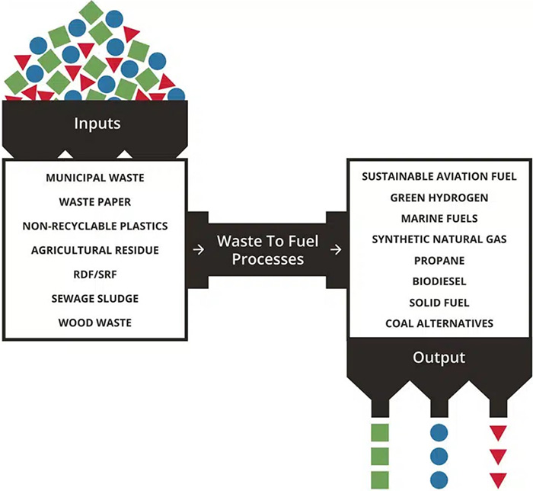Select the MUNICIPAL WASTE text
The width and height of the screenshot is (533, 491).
point(94,178)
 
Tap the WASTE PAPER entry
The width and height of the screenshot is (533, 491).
point(94,203)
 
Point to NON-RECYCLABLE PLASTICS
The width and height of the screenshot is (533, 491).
point(94,226)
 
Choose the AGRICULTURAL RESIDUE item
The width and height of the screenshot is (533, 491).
point(94,250)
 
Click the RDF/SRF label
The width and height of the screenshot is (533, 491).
point(94,274)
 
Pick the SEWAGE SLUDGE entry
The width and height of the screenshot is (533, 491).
point(94,298)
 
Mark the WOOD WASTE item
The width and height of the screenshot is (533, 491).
point(94,323)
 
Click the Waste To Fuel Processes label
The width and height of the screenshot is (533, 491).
point(267,250)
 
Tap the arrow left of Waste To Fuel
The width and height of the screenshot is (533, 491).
point(199,250)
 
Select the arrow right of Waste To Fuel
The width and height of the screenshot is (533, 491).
point(336,250)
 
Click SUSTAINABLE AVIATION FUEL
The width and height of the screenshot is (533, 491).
point(439,176)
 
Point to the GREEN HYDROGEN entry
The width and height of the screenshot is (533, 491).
point(439,197)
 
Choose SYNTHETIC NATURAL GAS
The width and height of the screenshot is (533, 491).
point(439,239)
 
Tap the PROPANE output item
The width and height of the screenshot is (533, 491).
point(439,261)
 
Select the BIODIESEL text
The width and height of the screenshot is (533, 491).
point(439,281)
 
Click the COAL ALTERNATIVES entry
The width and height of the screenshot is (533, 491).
point(439,323)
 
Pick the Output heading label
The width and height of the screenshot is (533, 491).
point(439,357)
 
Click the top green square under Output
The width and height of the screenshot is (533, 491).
point(379,432)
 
